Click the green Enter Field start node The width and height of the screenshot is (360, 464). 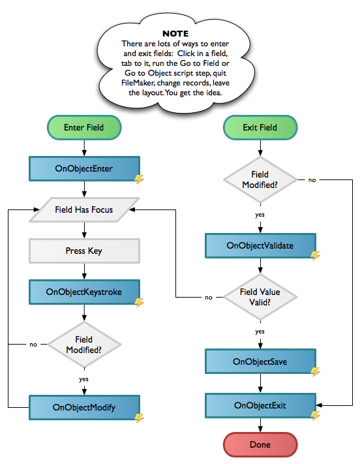click(x=84, y=127)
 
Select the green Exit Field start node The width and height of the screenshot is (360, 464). click(x=260, y=127)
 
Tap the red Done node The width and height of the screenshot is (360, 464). click(x=260, y=445)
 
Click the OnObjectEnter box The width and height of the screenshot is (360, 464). click(x=84, y=168)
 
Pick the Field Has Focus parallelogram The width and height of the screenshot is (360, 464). click(x=84, y=209)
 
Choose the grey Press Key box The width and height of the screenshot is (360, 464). click(x=84, y=251)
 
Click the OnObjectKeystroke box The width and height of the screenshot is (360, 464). click(x=84, y=292)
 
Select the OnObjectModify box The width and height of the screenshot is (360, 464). click(x=84, y=407)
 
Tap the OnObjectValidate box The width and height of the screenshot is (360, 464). click(x=261, y=245)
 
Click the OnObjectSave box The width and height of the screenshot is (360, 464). click(x=261, y=362)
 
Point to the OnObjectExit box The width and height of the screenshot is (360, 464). click(x=261, y=405)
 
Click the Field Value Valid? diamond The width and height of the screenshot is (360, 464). click(x=260, y=297)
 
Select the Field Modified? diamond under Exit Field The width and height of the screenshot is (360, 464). click(x=260, y=179)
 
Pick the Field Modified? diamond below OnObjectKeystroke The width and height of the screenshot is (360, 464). click(x=84, y=345)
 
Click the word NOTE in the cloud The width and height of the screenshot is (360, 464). click(x=175, y=34)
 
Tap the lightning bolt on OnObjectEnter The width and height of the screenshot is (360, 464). click(x=140, y=179)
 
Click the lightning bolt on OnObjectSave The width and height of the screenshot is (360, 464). click(x=316, y=372)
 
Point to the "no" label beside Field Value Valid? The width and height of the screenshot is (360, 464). click(x=209, y=298)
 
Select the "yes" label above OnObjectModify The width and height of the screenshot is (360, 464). click(x=83, y=379)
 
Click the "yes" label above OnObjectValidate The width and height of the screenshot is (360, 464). click(x=260, y=215)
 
